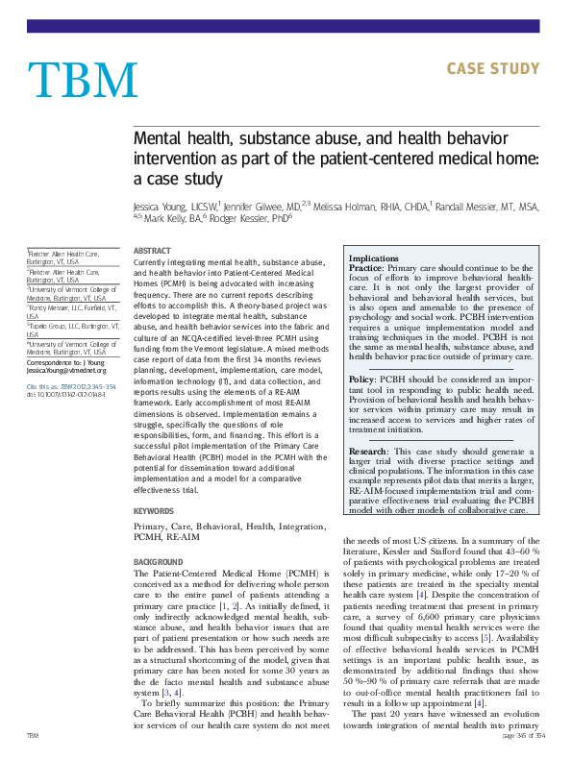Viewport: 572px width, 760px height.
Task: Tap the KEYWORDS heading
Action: click(x=154, y=511)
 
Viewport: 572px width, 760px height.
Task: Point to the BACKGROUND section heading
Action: click(x=159, y=560)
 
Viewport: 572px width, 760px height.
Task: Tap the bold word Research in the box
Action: click(x=370, y=450)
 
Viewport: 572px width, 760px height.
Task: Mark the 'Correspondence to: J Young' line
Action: click(x=67, y=361)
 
